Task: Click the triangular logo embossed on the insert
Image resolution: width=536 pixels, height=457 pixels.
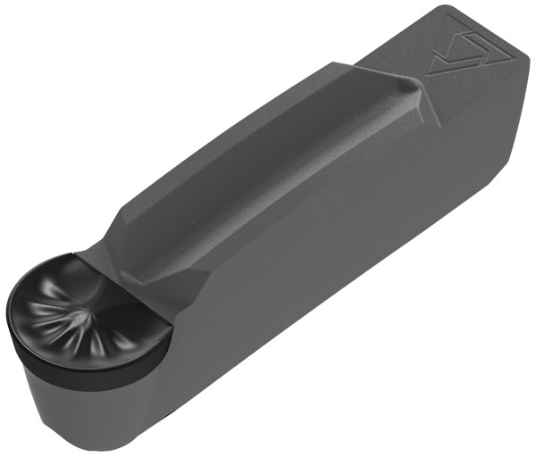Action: (x=456, y=54)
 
